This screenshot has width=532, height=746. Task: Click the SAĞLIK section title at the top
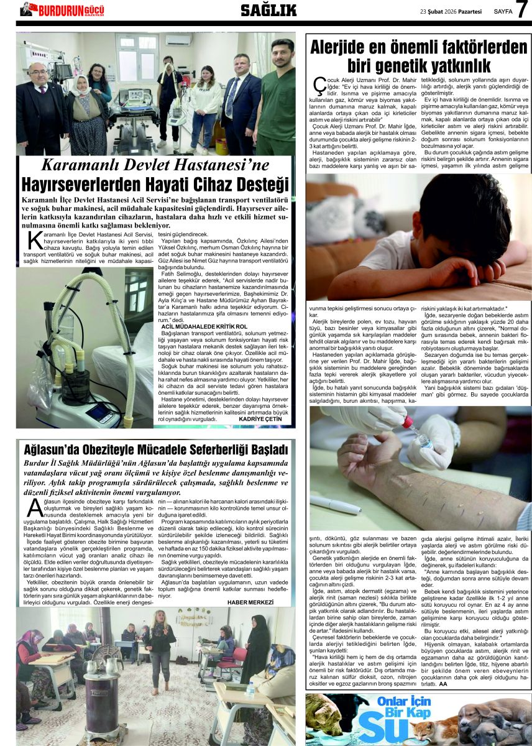coord(268,10)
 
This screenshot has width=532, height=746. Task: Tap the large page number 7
coord(521,11)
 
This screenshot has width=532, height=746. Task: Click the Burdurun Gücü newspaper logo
coord(62,10)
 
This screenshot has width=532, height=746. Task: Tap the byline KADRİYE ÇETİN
coord(260,419)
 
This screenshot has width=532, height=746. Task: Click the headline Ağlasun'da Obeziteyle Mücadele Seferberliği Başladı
coord(155,449)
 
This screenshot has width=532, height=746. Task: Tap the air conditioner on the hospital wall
coord(178,40)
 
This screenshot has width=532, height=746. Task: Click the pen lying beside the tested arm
coord(336,504)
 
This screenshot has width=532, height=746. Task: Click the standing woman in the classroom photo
coord(160,647)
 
